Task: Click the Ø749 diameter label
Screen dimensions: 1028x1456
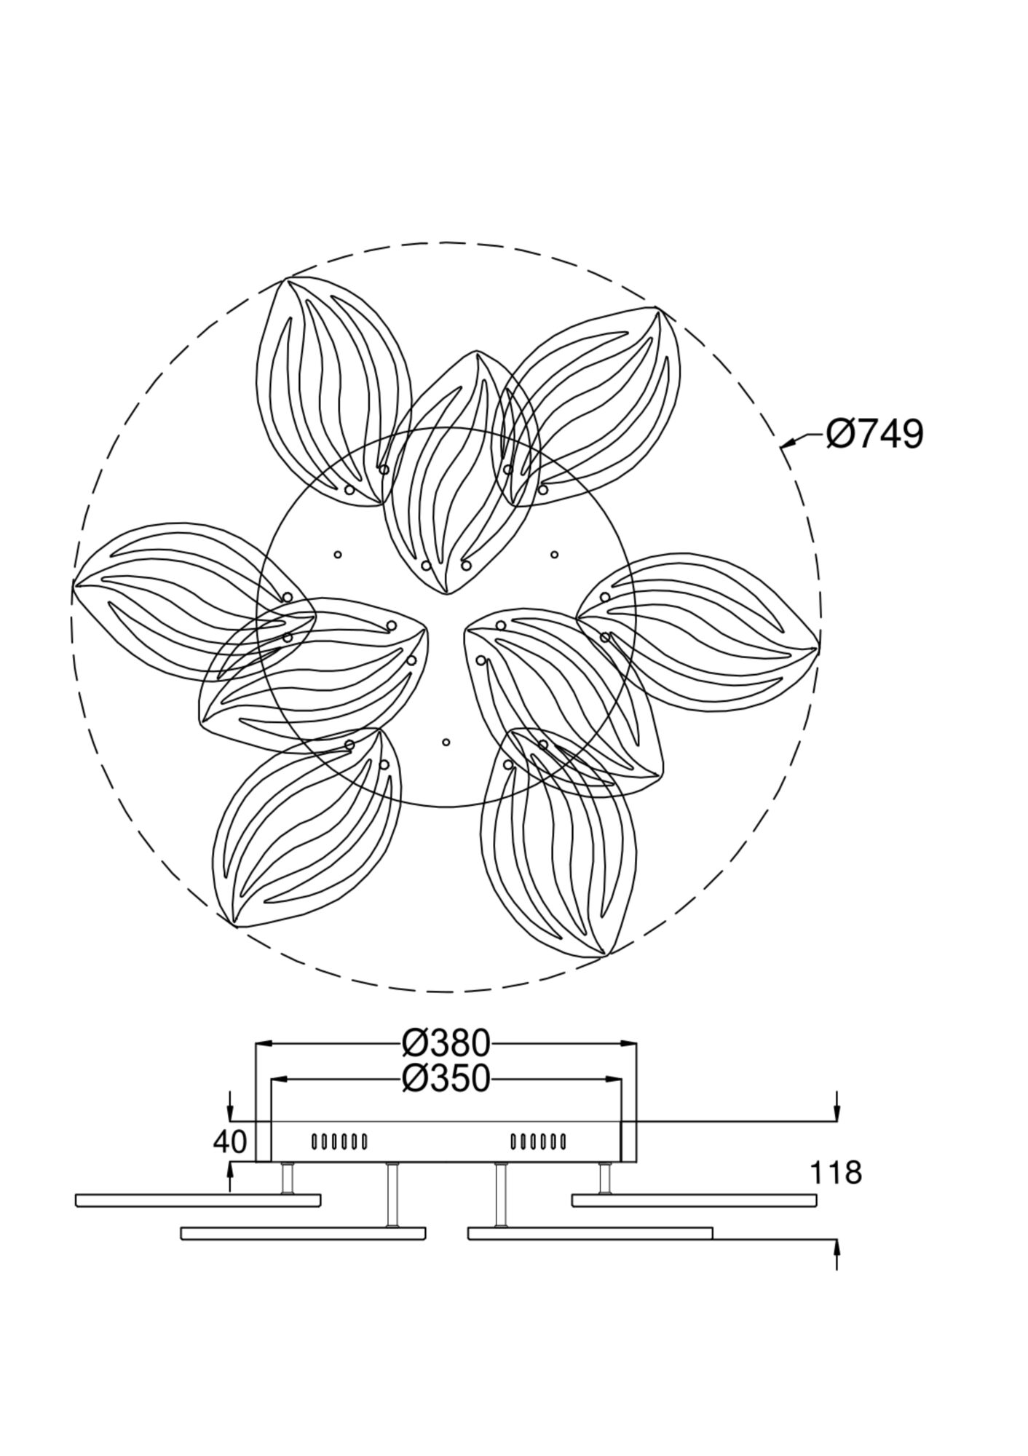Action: (874, 435)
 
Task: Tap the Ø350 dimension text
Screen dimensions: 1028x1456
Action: (446, 1079)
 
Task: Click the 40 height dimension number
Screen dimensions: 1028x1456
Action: (230, 1142)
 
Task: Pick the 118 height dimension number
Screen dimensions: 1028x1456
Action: (836, 1173)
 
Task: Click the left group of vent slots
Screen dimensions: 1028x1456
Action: (339, 1142)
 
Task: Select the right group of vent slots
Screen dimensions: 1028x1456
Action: (538, 1142)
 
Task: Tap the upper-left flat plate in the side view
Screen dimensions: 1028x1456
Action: (198, 1200)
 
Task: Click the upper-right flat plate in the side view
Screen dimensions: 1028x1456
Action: (694, 1200)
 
